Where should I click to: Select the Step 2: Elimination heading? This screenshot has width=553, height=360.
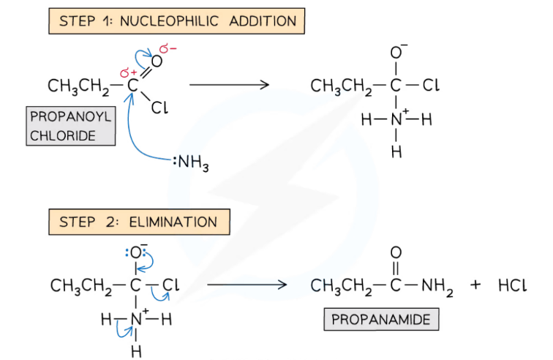click(x=139, y=222)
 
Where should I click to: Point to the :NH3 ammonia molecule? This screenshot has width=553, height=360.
click(x=192, y=165)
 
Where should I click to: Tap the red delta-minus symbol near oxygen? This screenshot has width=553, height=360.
click(x=169, y=50)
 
